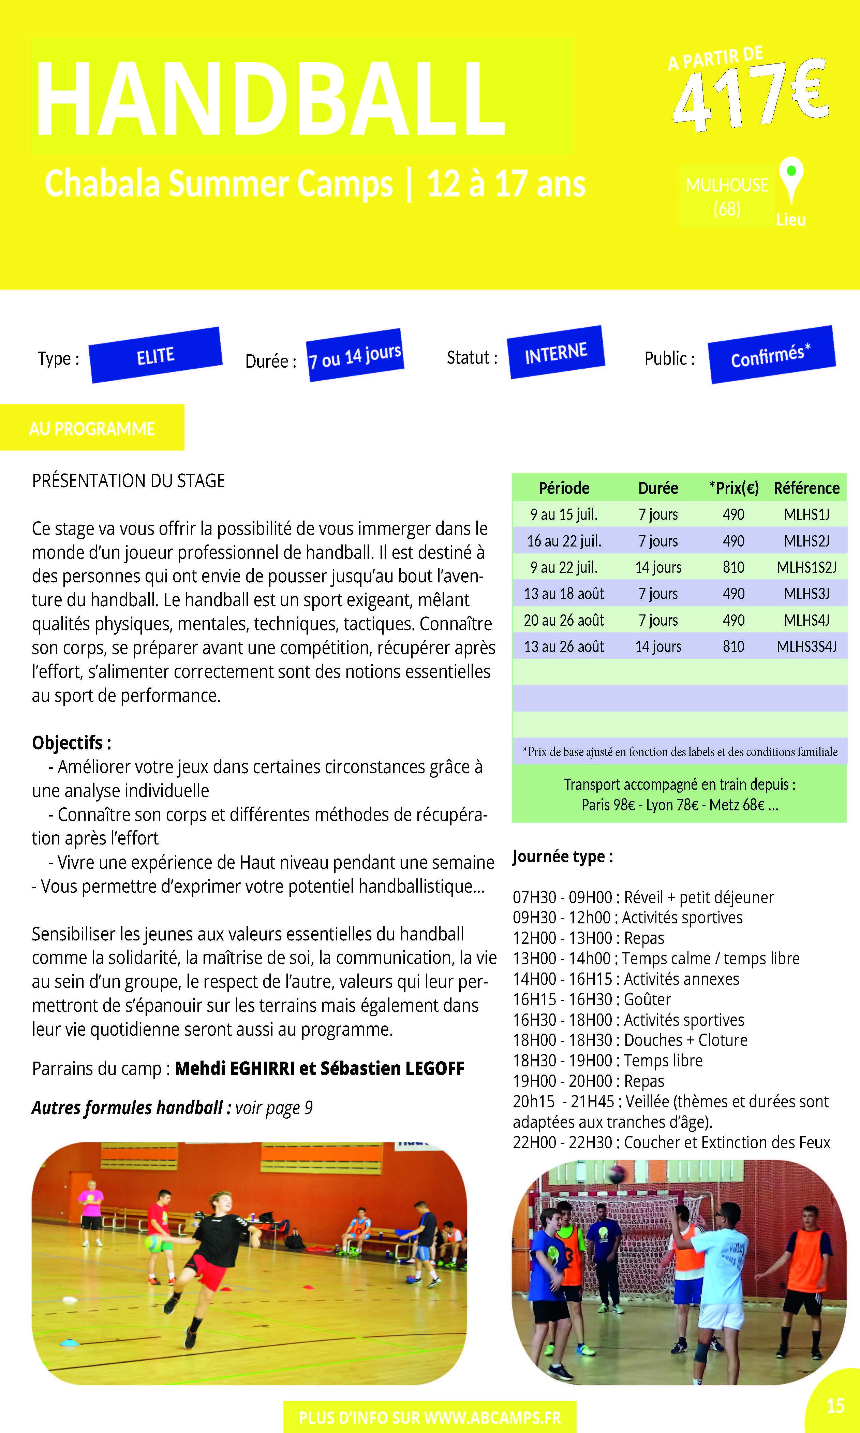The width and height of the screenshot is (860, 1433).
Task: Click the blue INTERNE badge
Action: click(x=556, y=353)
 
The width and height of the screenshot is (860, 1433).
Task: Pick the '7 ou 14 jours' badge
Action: click(x=355, y=355)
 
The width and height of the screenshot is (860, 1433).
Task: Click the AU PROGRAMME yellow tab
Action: click(x=92, y=428)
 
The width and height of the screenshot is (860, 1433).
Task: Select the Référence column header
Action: click(x=806, y=488)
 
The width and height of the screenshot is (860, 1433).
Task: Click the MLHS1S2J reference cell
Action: click(x=806, y=567)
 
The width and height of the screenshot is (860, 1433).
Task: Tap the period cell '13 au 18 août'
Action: click(x=564, y=594)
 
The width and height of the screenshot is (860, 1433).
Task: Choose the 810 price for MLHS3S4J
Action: click(x=733, y=647)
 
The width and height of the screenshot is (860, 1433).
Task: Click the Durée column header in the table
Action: click(x=658, y=488)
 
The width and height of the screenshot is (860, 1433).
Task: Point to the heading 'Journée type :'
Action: click(x=562, y=856)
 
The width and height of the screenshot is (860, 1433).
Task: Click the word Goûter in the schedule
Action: click(x=647, y=999)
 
